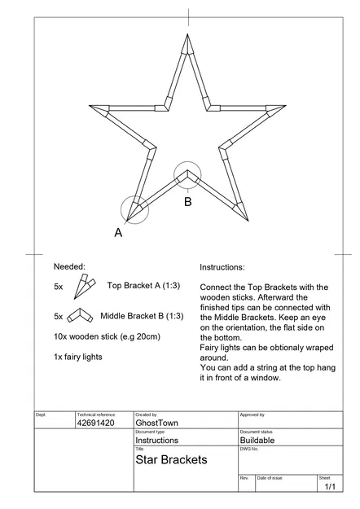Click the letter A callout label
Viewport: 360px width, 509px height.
pos(118,232)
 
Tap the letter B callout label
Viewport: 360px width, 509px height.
pos(187,201)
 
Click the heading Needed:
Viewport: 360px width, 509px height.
pos(69,266)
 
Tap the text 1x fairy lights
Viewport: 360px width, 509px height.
pos(78,357)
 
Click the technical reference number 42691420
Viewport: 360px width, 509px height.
pos(96,423)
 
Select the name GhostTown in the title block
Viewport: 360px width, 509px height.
pos(157,423)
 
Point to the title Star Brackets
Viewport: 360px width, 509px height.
pos(171,460)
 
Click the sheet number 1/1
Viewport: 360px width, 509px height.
pos(330,487)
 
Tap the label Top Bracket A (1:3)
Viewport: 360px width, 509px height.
pos(145,286)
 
